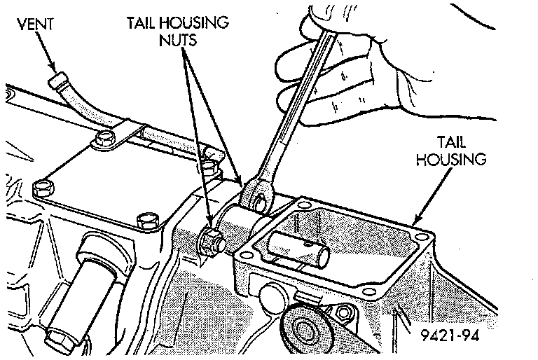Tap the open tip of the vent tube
(x=55, y=83)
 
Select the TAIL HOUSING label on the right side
(x=450, y=151)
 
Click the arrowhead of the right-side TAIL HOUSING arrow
(x=413, y=219)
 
